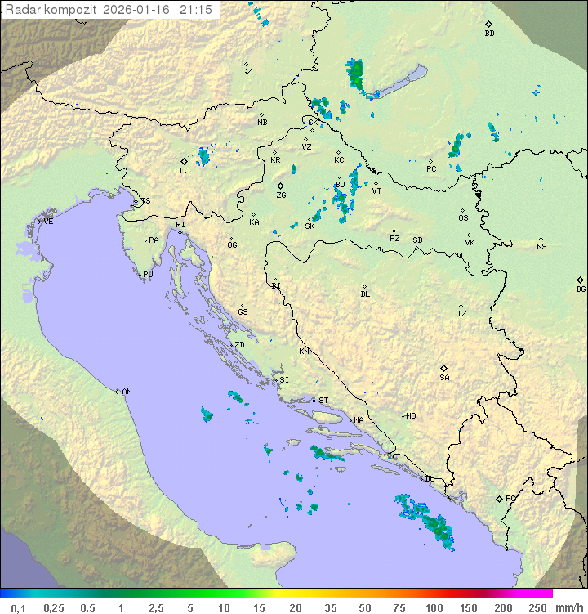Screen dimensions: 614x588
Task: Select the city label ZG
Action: coord(281,195)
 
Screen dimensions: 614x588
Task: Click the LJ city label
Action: coord(185,171)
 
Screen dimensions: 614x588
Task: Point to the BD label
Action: coord(489,34)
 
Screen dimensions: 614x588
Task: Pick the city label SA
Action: coord(444,378)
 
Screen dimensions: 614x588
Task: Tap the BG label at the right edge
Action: coord(581,289)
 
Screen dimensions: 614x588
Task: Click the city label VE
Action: coord(48,222)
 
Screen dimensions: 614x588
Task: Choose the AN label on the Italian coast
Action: coord(127,392)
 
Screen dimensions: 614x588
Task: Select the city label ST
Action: coord(323,401)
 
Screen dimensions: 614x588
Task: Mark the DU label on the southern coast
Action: coord(430,479)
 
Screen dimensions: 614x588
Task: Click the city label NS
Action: coord(541,247)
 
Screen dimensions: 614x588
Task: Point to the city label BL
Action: coord(365,294)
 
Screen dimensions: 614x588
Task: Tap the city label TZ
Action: coord(462,314)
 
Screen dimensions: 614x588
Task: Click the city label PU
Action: coord(148,275)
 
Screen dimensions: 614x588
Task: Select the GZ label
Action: coord(247,72)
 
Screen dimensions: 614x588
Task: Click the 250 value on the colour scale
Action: coord(537,607)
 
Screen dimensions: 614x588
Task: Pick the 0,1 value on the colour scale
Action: coord(18,607)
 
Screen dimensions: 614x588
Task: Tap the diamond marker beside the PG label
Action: coord(499,498)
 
